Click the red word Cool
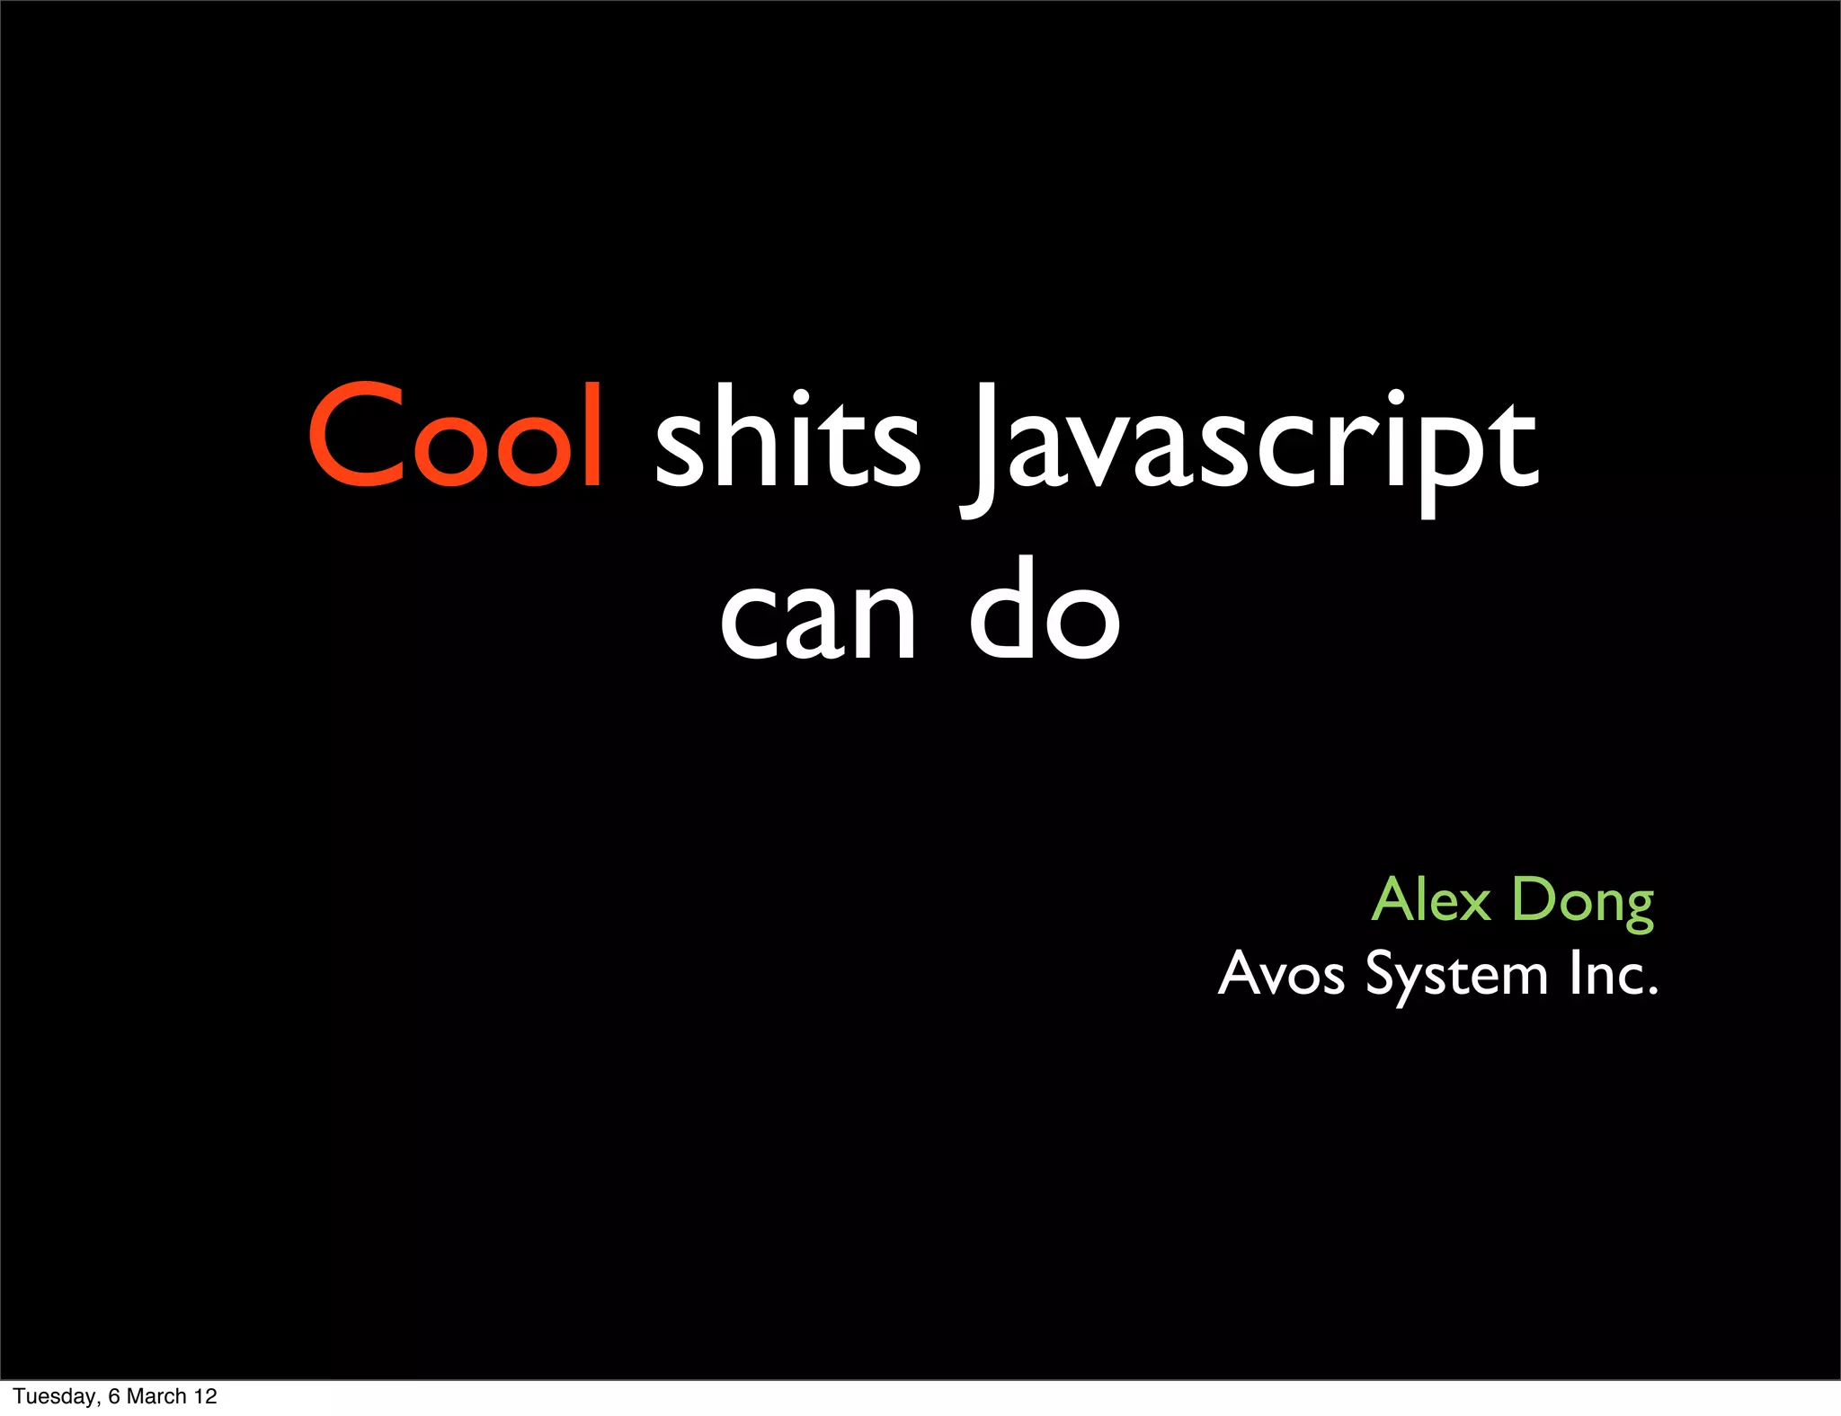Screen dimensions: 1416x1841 455,437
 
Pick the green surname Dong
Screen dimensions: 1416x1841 1583,901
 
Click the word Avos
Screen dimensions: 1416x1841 1281,974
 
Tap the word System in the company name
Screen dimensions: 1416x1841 1456,976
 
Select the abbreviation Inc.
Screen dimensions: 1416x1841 1613,974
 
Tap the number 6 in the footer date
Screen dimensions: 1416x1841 113,1396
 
